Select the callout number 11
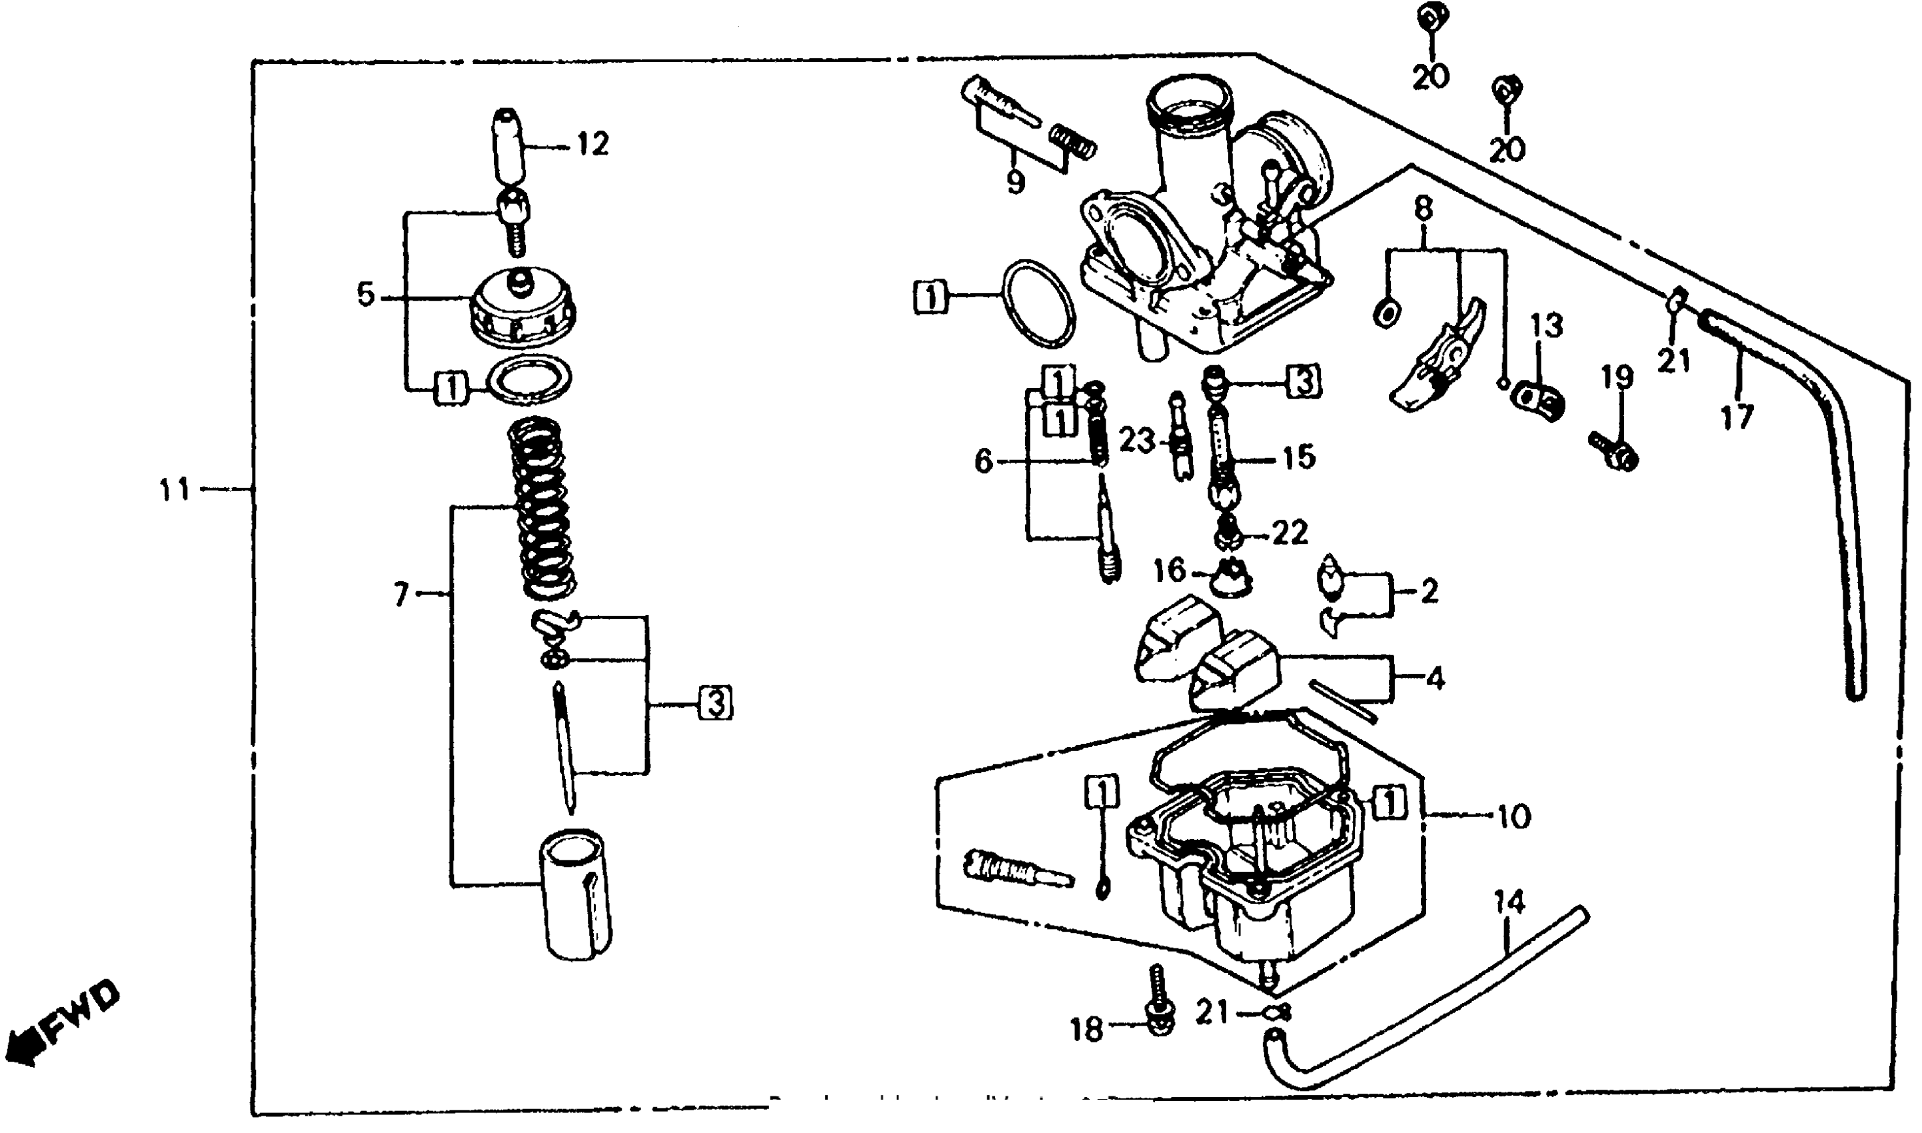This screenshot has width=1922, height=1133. pyautogui.click(x=174, y=489)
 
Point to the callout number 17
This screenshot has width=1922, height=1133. pyautogui.click(x=1737, y=418)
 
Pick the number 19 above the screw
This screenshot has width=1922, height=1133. pyautogui.click(x=1617, y=377)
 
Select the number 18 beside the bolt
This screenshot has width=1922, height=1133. pyautogui.click(x=1087, y=1030)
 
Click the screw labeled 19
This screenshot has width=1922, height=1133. pyautogui.click(x=1613, y=452)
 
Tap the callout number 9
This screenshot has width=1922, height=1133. pyautogui.click(x=1014, y=182)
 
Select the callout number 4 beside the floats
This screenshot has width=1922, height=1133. pyautogui.click(x=1435, y=678)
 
